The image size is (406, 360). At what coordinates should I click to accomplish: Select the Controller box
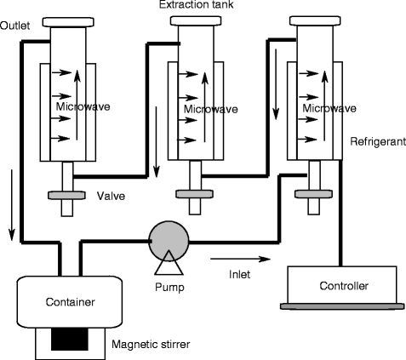[341, 284]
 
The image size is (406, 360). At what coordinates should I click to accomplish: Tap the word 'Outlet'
[15, 25]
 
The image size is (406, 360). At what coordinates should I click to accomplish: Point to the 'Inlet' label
[239, 273]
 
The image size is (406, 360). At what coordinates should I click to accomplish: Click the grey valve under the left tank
[66, 196]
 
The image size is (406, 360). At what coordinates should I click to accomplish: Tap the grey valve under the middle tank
[194, 195]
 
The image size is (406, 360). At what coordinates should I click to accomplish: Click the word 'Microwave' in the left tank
[82, 107]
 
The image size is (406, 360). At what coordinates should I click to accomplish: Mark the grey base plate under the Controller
[341, 305]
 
